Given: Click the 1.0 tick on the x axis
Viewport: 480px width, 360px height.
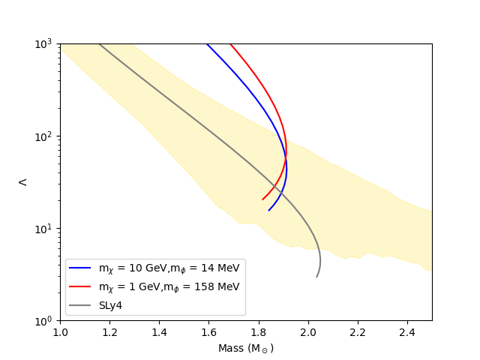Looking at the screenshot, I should tap(60, 331).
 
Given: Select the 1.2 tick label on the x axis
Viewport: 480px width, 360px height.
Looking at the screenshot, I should tap(109, 331).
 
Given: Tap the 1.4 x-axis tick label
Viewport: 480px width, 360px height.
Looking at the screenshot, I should tap(159, 331).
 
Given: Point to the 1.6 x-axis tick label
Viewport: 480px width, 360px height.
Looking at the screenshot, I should tap(208, 331).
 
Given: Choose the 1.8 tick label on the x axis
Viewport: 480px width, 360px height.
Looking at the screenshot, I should tap(258, 331).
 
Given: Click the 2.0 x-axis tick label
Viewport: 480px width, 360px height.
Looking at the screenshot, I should tap(307, 331).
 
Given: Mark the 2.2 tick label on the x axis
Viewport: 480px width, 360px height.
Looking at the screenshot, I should tap(357, 331).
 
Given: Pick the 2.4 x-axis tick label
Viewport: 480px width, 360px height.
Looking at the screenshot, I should tap(406, 331).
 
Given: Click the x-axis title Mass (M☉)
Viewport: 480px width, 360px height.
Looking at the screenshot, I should tap(246, 349).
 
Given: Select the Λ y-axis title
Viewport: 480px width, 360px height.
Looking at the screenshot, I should tap(22, 181).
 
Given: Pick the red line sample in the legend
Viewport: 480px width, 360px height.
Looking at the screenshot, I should tap(81, 286).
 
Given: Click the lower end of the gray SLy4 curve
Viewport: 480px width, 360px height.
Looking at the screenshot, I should tap(317, 277).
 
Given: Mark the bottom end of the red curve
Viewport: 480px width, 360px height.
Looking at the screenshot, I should tap(262, 199).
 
